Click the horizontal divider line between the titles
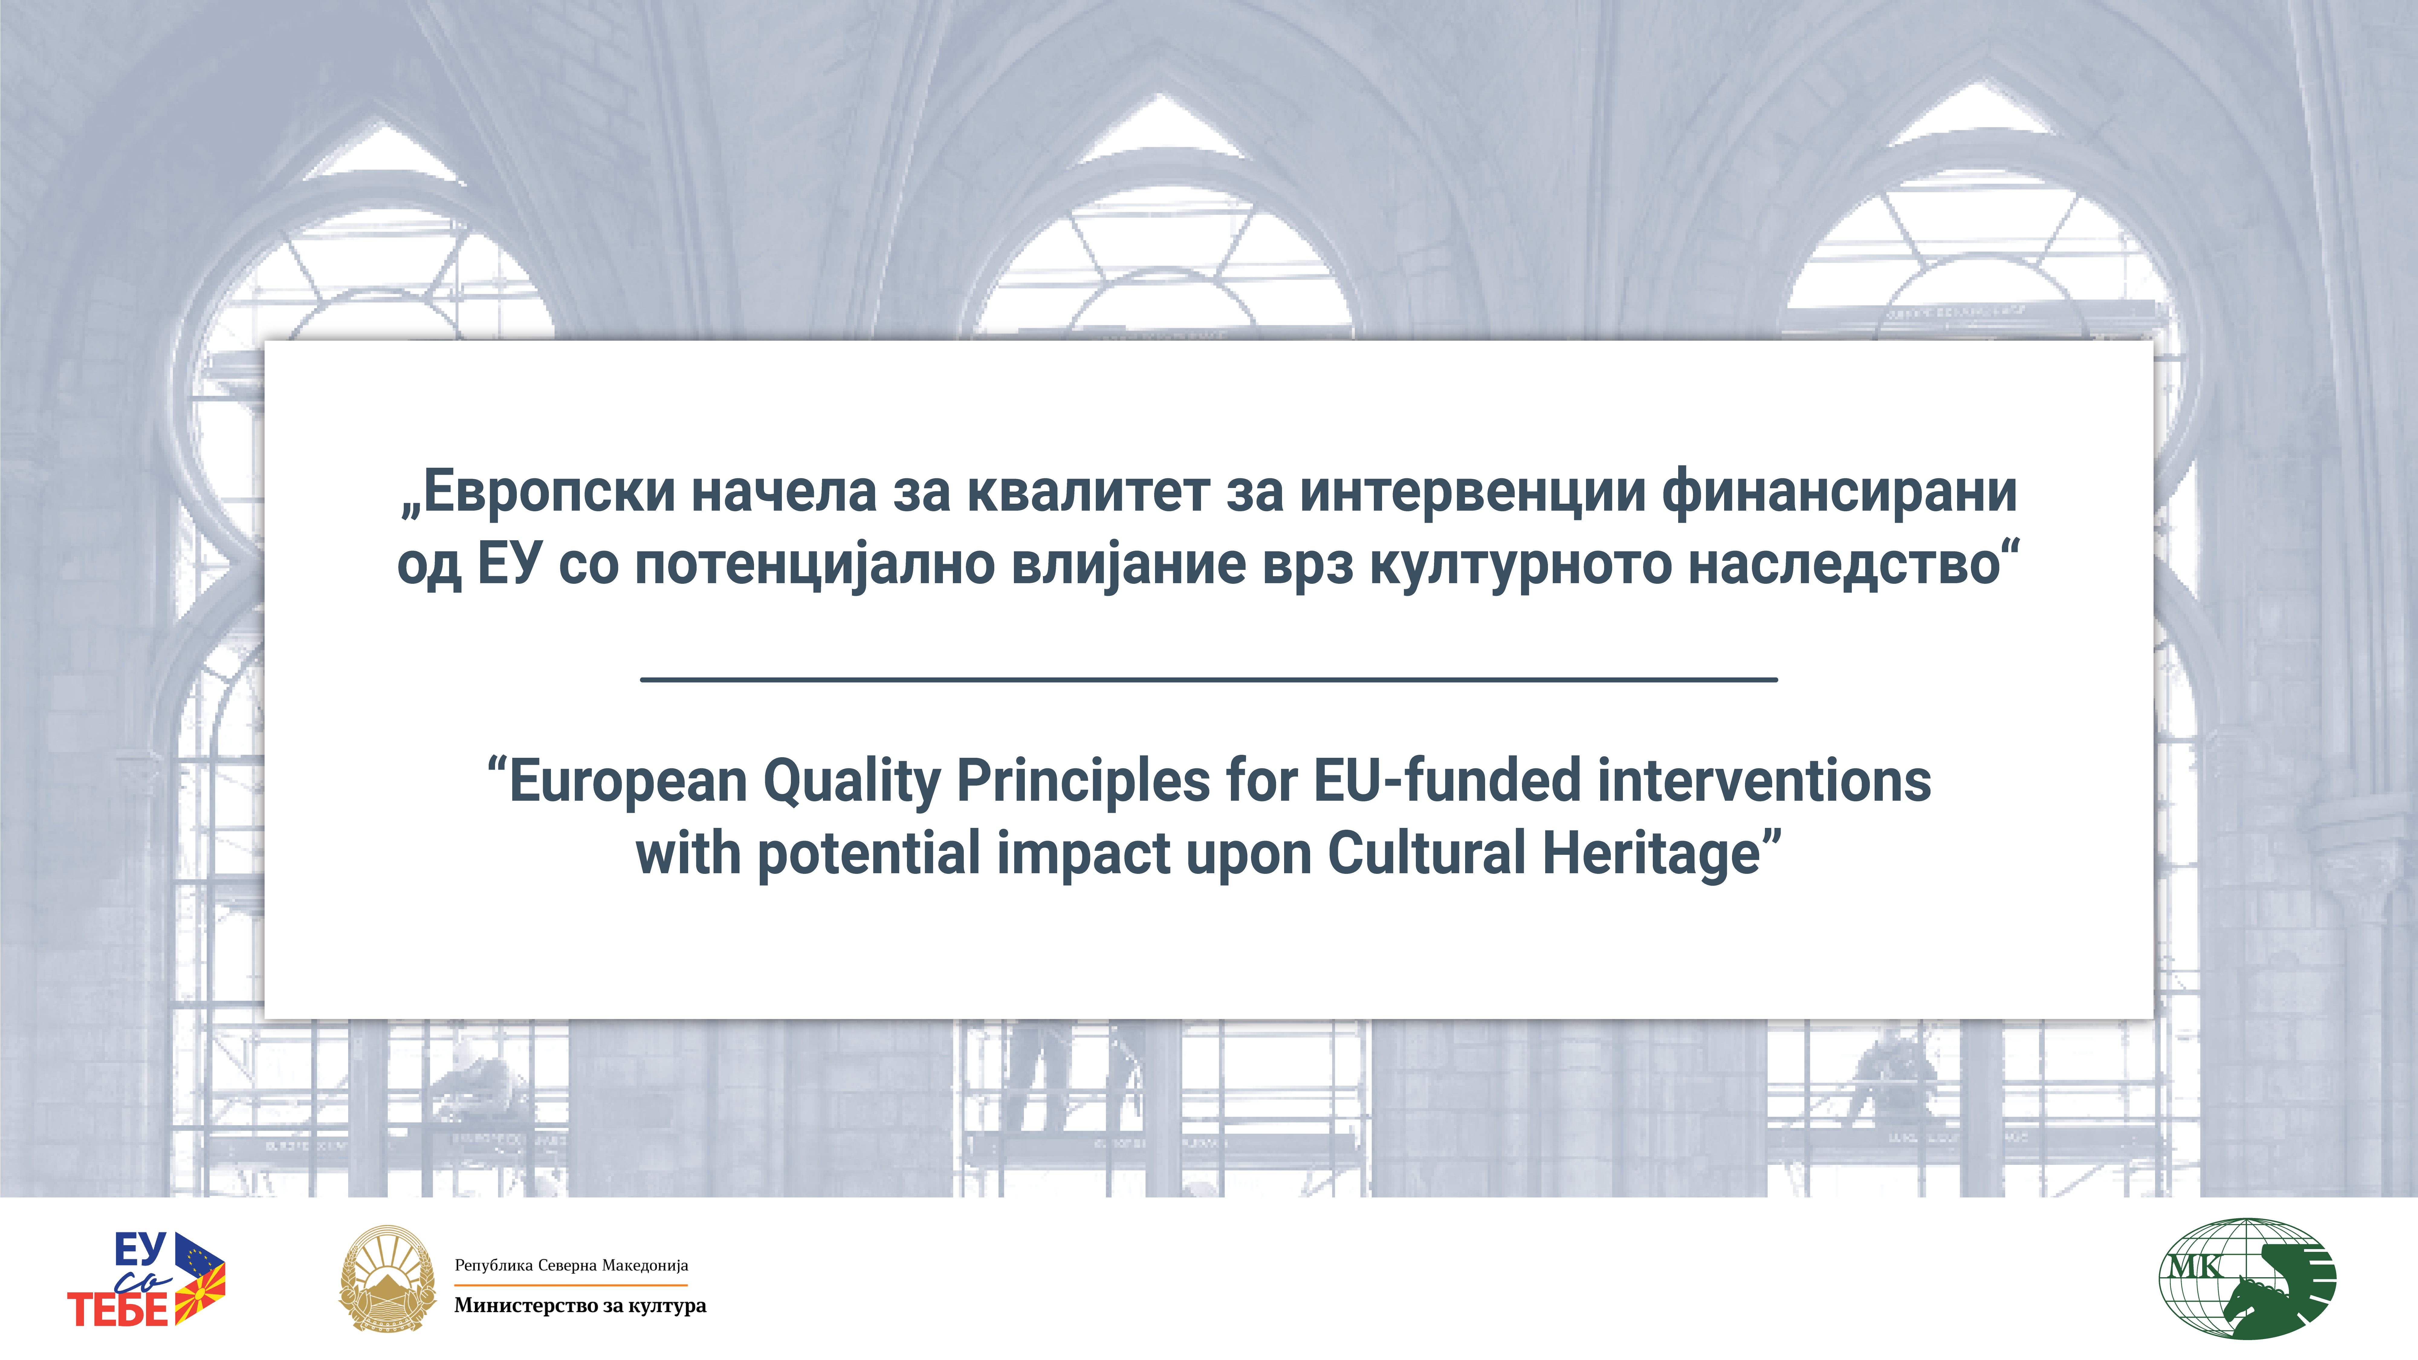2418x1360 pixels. pos(1209,679)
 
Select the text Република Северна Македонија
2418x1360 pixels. pos(572,1265)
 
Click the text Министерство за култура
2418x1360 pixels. pos(580,1306)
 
